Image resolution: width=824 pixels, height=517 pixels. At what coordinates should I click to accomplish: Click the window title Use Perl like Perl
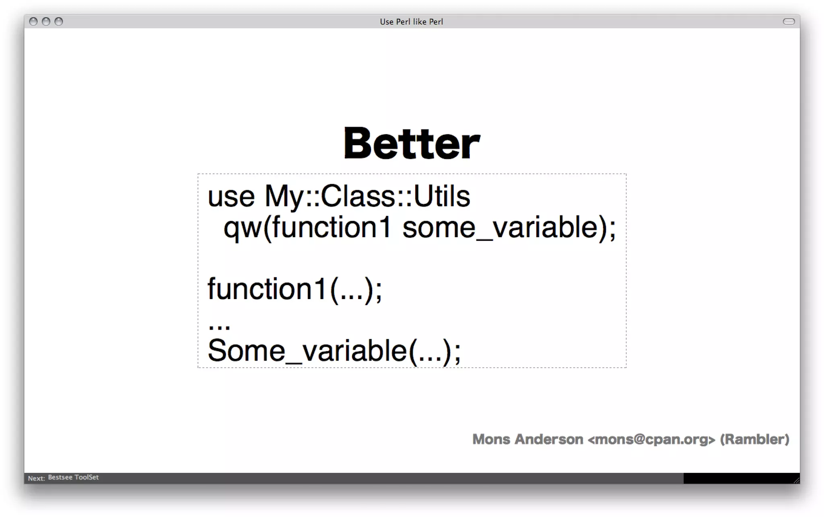pos(411,22)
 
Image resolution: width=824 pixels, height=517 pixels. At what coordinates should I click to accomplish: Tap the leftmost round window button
pos(33,22)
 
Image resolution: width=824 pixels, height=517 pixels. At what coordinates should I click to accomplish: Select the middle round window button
pos(46,22)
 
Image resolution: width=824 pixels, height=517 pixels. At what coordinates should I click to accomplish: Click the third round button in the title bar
pos(59,22)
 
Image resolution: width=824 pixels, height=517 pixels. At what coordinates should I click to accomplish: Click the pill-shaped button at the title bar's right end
pos(789,22)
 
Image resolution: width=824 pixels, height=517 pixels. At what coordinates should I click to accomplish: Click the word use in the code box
pos(231,197)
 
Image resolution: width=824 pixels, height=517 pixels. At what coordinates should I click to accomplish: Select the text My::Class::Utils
pos(367,197)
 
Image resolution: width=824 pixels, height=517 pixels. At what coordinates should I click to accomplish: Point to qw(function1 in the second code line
pos(307,228)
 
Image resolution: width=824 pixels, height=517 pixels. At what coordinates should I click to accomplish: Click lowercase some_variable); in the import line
pos(509,228)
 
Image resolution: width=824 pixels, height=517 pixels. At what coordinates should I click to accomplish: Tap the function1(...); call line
pos(295,289)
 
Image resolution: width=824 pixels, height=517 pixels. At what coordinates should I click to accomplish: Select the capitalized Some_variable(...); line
pos(334,351)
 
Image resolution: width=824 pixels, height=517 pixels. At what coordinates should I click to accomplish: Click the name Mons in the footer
pos(491,439)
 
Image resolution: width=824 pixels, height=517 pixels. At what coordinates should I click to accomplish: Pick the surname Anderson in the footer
pos(549,439)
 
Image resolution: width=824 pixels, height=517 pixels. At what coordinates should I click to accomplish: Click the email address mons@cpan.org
pos(651,439)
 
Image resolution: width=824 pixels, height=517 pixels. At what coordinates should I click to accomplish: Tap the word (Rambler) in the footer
pos(754,439)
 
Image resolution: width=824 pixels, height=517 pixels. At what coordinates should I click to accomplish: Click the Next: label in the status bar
pos(36,478)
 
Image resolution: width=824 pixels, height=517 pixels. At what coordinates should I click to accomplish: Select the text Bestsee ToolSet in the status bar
pos(73,478)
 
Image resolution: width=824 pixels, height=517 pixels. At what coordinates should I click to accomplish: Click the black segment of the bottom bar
pos(740,478)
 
